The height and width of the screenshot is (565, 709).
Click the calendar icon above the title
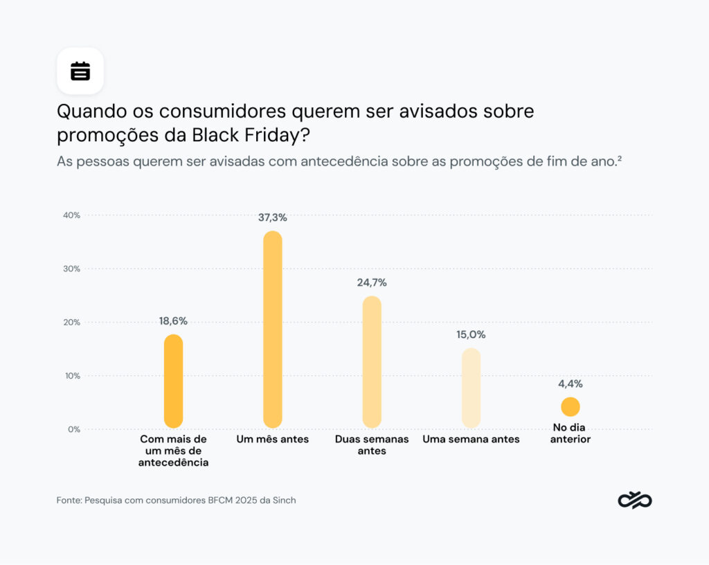pos(80,71)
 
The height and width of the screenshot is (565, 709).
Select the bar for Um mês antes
pos(273,329)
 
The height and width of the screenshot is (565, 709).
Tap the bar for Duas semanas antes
pos(372,361)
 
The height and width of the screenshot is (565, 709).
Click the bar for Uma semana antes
pos(471,388)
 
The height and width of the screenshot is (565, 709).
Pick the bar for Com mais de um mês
pos(173,381)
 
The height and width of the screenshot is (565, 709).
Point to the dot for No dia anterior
pos(571,407)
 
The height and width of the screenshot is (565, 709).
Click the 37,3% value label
pos(273,217)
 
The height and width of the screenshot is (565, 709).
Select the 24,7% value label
pos(372,282)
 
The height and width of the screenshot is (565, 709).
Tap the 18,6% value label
pos(173,321)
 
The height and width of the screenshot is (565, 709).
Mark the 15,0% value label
pos(471,334)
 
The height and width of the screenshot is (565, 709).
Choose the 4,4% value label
pos(571,384)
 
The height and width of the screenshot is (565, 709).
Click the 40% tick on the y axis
pos(71,215)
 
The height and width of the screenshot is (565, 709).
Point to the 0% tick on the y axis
pos(73,429)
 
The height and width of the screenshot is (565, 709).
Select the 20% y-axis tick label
pos(71,322)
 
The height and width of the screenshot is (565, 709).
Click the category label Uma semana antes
pos(471,440)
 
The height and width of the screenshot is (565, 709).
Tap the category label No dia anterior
pos(571,433)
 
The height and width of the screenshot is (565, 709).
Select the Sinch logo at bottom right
pos(634,500)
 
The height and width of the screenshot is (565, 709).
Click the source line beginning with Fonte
pos(176,500)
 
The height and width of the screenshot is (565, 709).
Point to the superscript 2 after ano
pos(619,158)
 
